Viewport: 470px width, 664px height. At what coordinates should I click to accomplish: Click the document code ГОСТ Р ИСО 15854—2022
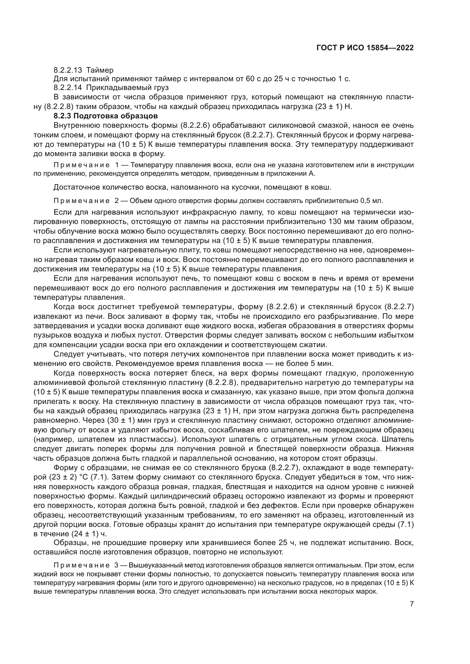[x=365, y=48]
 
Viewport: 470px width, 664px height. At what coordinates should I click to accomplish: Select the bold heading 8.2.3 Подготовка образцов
[x=106, y=116]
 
